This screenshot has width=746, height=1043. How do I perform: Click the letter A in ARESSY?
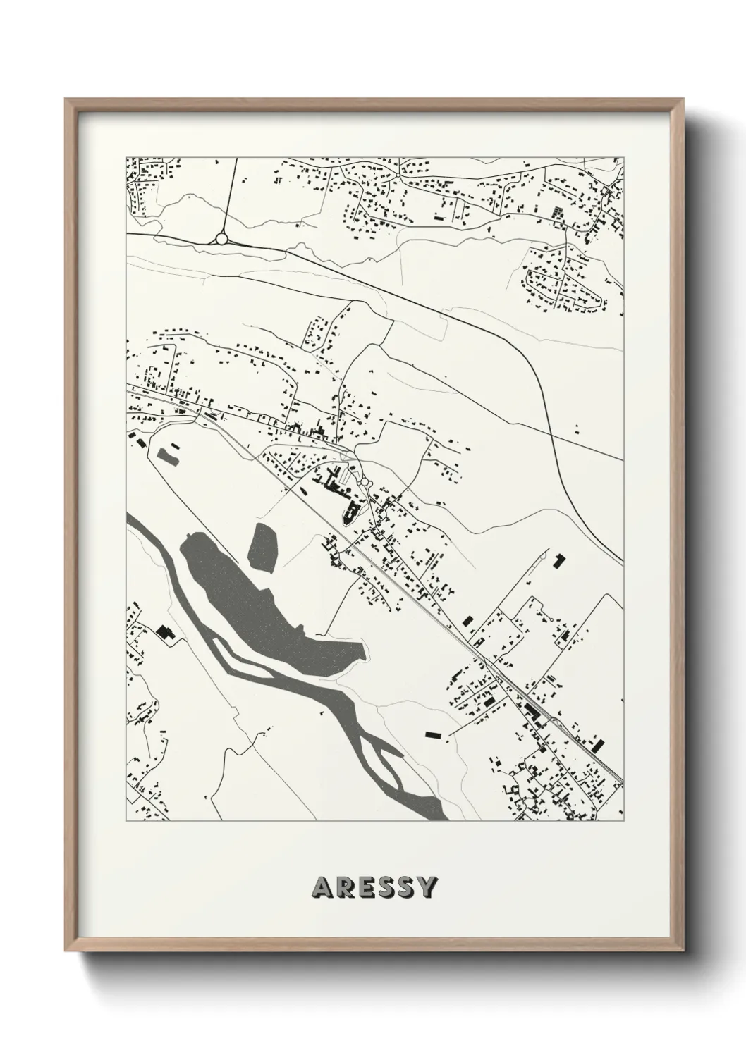coord(321,887)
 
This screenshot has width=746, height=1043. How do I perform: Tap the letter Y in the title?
coord(427,887)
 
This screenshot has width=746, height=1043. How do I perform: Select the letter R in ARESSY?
coord(343,887)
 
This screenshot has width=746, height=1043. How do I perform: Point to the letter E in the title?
coord(364,887)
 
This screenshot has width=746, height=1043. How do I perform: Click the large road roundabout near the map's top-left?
coord(221,239)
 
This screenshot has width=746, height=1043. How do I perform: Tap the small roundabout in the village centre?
coord(365,483)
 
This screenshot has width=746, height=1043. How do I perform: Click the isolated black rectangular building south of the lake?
coord(434,734)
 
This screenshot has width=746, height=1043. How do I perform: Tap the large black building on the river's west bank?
coord(166,632)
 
